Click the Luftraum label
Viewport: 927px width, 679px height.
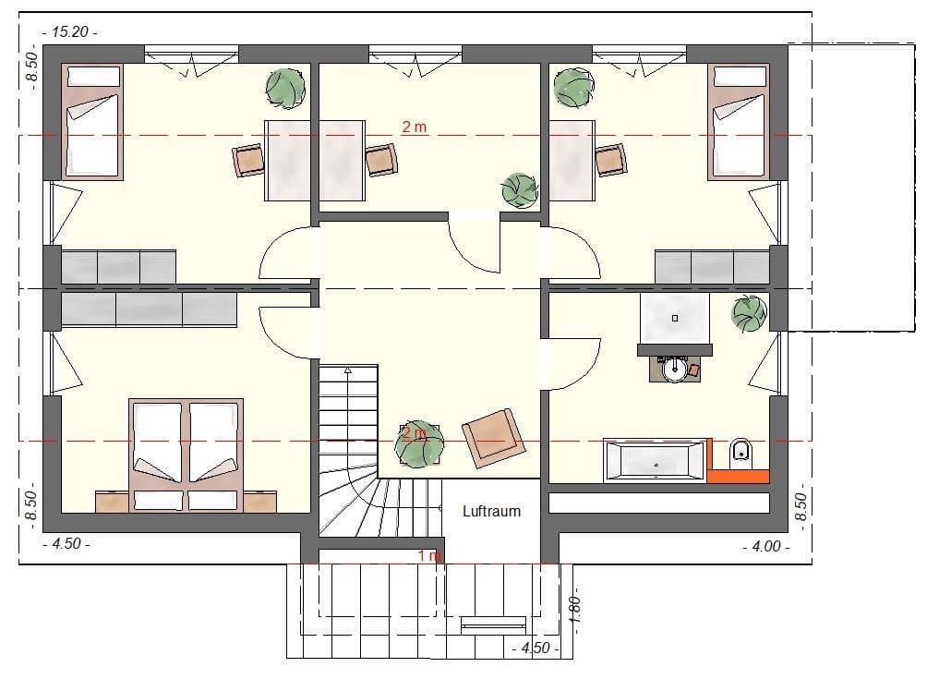tap(491, 511)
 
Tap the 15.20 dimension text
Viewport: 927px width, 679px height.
tap(69, 31)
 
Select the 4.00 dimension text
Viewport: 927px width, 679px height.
tap(765, 546)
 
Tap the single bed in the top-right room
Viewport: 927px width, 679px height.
tap(738, 121)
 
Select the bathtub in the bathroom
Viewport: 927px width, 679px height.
tap(655, 460)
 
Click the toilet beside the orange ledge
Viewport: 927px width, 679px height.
tap(740, 453)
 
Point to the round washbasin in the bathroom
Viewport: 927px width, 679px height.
tap(675, 370)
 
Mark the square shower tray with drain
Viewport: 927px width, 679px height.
tap(675, 318)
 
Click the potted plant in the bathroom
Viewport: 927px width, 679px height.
tap(748, 313)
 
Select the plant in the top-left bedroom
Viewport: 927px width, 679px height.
tap(284, 88)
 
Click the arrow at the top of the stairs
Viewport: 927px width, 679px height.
tap(348, 371)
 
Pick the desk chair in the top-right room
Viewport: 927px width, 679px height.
tap(610, 160)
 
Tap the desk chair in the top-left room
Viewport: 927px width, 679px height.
tap(248, 161)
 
